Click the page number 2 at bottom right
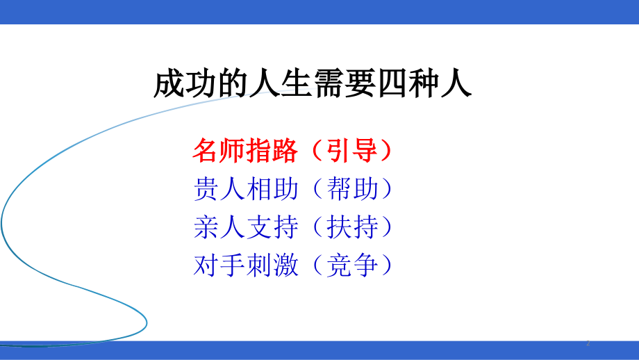coord(588,343)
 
